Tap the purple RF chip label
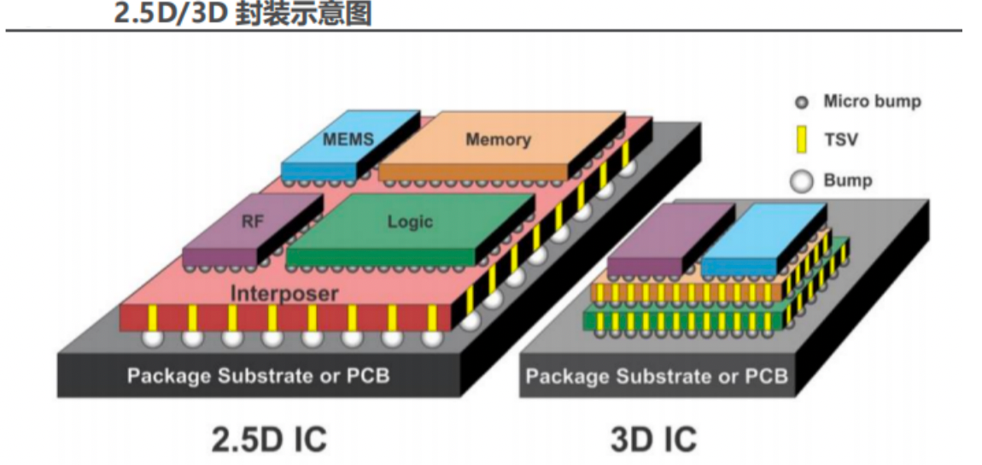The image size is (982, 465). coord(252,222)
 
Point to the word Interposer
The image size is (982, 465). coord(284,293)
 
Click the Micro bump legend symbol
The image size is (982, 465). coord(802,103)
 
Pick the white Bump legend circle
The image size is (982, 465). coord(802,180)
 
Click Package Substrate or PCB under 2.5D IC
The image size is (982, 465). coord(259,375)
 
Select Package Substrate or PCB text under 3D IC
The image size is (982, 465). coord(656,376)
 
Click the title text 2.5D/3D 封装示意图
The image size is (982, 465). coord(243,13)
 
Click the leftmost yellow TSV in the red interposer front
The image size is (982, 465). coord(152,318)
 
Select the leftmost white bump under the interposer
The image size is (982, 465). coord(152,338)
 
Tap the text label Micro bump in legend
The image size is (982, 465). coord(872,102)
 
